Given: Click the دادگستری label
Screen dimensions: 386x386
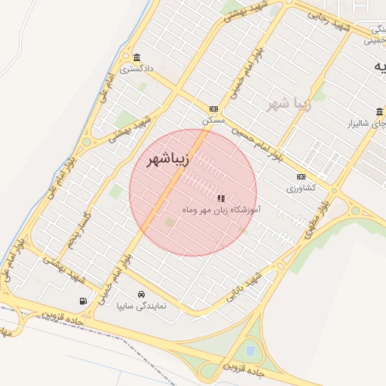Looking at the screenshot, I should [x=136, y=69].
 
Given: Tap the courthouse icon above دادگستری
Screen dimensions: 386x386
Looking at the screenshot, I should [x=136, y=58].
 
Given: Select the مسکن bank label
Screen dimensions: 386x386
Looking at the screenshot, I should [x=213, y=120].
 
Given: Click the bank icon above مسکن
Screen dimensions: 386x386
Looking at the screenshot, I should [x=213, y=109].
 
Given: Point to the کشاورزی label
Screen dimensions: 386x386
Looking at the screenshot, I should [x=301, y=188].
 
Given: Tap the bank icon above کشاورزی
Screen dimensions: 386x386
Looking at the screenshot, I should [x=301, y=178].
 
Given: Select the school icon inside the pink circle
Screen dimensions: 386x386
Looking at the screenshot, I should [x=220, y=198].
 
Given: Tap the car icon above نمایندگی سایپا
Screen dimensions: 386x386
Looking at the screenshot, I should [x=141, y=295].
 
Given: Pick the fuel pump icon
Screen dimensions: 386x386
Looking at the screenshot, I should [x=82, y=302].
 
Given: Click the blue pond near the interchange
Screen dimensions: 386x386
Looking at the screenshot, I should [x=250, y=351].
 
